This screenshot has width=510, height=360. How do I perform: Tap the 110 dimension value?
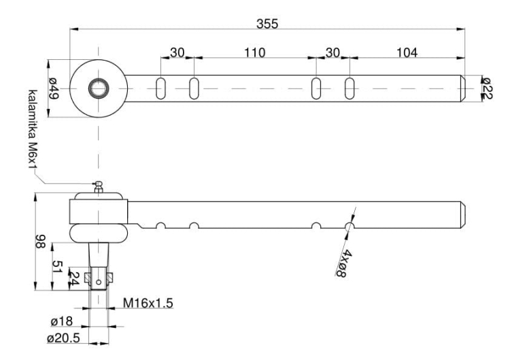254,52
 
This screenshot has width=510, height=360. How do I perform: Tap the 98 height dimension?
40,242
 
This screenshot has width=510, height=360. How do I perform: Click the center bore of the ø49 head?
99,88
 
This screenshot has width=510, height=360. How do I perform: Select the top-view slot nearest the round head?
161,88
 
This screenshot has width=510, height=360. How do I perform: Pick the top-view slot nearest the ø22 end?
350,88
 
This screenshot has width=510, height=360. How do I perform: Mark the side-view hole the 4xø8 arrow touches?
350,226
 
